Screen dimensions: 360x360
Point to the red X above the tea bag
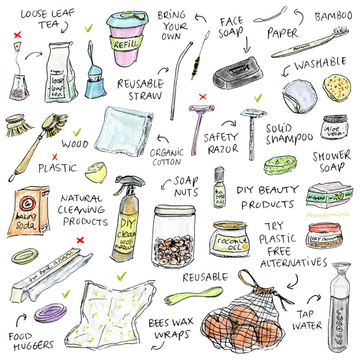[17, 34]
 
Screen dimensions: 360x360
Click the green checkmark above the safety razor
[258, 98]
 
